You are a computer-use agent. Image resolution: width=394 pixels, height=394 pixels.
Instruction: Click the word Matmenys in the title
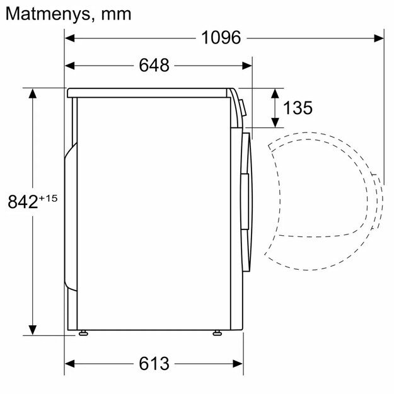44,13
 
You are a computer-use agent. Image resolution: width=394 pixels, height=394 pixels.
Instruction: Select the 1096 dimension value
221,38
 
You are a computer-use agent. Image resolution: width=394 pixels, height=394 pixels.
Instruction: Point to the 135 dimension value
297,108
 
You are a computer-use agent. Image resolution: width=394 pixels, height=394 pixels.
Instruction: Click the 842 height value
21,202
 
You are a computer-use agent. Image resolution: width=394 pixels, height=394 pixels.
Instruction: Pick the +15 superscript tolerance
48,198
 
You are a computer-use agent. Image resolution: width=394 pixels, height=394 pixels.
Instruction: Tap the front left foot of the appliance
83,331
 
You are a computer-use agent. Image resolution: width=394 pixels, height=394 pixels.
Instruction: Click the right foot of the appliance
217,331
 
